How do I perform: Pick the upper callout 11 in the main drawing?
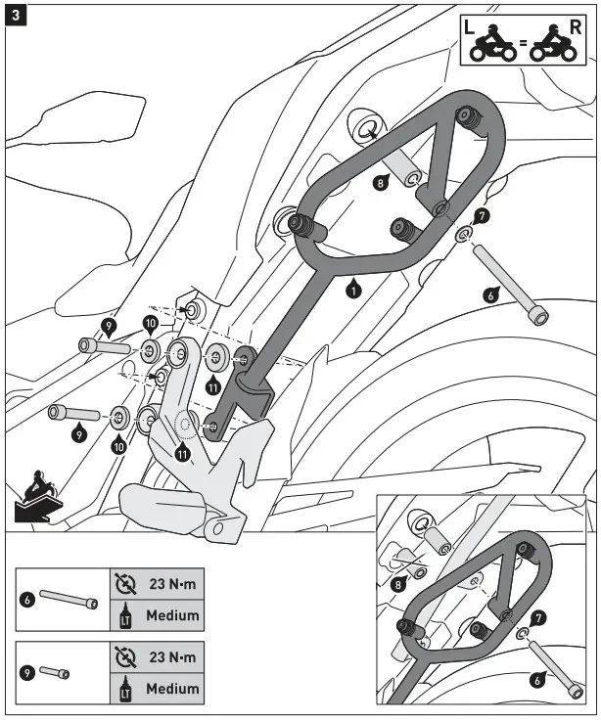[212, 385]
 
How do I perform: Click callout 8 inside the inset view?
[398, 584]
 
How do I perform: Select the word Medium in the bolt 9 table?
[172, 688]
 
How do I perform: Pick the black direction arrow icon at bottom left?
[35, 497]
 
